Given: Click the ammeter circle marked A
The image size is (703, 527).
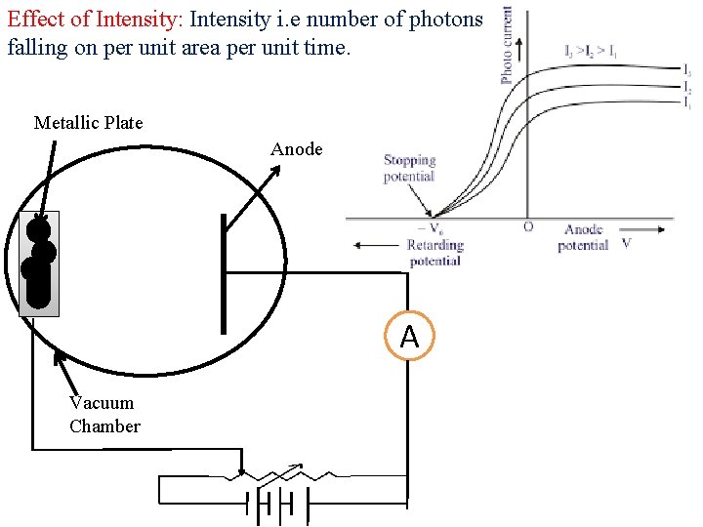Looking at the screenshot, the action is pos(409,337).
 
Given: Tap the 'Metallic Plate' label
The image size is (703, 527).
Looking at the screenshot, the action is pos(88,123).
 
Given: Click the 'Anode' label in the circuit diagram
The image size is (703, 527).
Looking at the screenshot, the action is pos(296,149).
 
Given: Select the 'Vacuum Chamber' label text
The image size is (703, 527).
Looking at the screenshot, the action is pos(103,415).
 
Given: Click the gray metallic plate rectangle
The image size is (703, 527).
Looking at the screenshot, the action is pos(39,263).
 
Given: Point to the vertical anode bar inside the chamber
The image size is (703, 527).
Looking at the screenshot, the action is pos(224,273).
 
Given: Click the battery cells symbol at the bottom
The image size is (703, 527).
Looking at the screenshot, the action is pos(277,506).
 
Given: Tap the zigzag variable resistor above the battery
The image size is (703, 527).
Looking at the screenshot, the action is pos(283,477).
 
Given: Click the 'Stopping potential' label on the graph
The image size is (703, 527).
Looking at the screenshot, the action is pos(409,168).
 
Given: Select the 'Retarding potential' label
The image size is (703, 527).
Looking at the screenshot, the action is pos(434,253).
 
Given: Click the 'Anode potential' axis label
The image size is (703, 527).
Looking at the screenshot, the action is pos(583,237).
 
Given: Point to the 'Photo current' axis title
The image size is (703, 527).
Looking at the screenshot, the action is pos(507,44).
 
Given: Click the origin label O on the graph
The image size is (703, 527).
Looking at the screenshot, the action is pos(528,227).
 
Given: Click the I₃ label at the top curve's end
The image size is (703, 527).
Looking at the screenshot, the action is pos(687,71).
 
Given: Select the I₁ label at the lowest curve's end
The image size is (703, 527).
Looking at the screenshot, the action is pos(687,101).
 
